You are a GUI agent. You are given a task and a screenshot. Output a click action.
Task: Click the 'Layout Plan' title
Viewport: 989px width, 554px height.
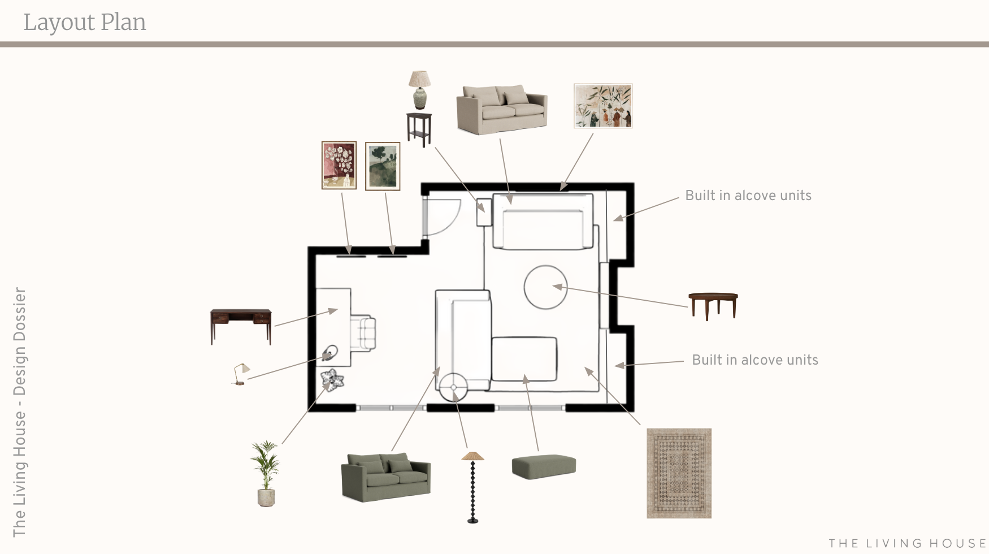pyautogui.click(x=85, y=22)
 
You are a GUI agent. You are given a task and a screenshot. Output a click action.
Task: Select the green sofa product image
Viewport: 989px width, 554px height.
pyautogui.click(x=385, y=477)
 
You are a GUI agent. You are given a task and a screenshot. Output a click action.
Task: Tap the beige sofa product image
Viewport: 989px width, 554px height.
pyautogui.click(x=502, y=110)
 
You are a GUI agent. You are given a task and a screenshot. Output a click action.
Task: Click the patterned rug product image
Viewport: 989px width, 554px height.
pyautogui.click(x=679, y=473)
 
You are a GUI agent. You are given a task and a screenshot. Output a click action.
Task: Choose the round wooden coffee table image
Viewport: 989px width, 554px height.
pyautogui.click(x=713, y=305)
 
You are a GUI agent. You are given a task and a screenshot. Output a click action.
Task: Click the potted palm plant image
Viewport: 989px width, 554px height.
pyautogui.click(x=265, y=474)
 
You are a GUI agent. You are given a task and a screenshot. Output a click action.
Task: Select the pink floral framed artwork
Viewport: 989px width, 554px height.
pyautogui.click(x=339, y=165)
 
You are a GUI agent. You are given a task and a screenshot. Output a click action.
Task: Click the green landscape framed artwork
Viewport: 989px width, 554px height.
pyautogui.click(x=383, y=166)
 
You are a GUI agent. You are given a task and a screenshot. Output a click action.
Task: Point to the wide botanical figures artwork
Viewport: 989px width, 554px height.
pyautogui.click(x=603, y=106)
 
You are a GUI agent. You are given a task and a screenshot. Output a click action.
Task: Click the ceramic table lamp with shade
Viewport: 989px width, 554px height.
pyautogui.click(x=419, y=89)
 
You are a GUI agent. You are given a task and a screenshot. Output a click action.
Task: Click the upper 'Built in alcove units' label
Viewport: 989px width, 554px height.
pyautogui.click(x=748, y=196)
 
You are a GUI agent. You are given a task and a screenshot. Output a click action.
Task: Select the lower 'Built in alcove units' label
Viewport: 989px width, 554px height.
pyautogui.click(x=754, y=360)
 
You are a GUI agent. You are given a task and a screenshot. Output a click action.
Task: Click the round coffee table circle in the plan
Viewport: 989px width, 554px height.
pyautogui.click(x=545, y=287)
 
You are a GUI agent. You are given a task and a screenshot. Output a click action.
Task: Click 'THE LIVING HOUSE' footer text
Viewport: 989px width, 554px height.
pyautogui.click(x=908, y=543)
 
